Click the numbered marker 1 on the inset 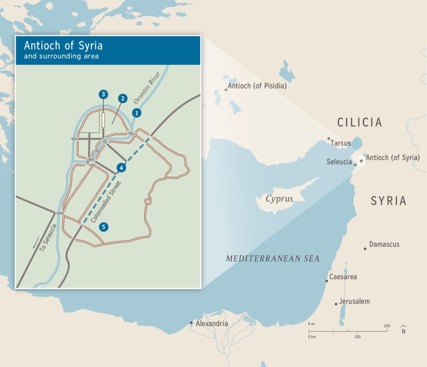click(x=137, y=113)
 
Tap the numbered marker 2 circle click(x=122, y=99)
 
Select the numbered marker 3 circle click(x=103, y=94)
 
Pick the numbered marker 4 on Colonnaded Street click(x=121, y=167)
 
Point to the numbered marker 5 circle click(x=104, y=227)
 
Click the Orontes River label click(x=147, y=88)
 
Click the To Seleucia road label click(x=48, y=238)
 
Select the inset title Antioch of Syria click(x=63, y=46)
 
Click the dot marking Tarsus click(x=329, y=139)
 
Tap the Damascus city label click(x=384, y=244)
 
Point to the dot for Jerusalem click(x=336, y=304)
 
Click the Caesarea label click(x=343, y=277)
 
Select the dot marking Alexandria click(x=191, y=323)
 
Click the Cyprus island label click(x=279, y=199)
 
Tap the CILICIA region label click(x=359, y=122)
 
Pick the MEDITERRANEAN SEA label click(x=273, y=259)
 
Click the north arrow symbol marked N click(x=404, y=330)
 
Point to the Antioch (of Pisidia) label click(x=257, y=86)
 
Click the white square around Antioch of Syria click(x=361, y=161)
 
